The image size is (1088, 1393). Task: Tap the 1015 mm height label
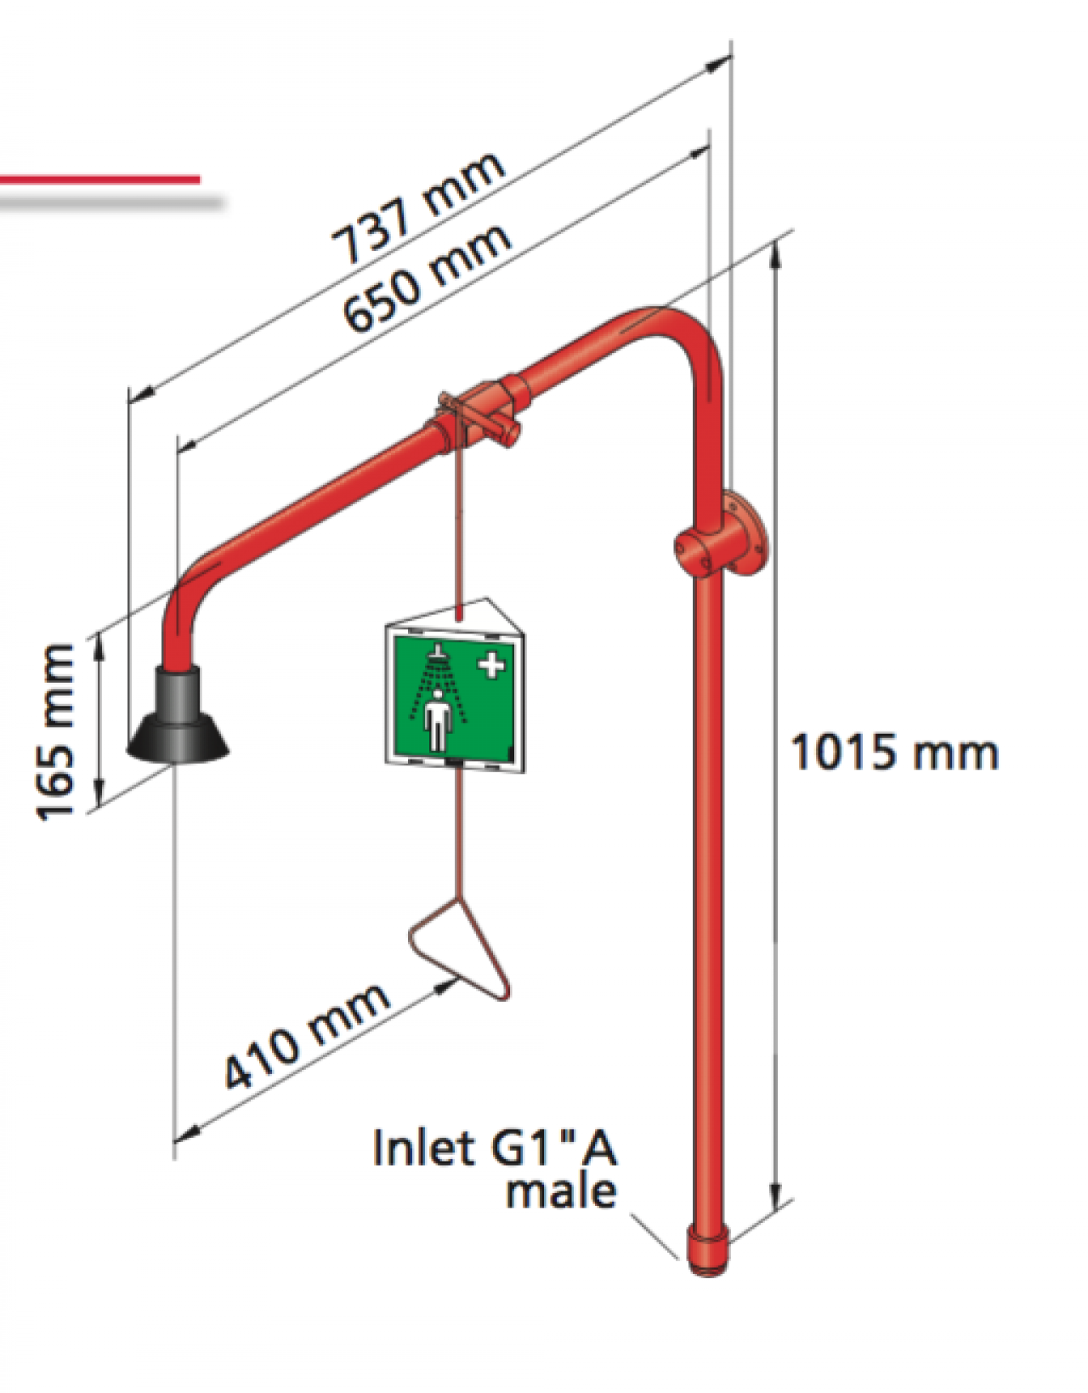click(x=894, y=753)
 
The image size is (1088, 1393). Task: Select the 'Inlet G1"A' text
click(x=496, y=1147)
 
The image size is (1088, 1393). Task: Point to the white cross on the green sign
click(x=491, y=664)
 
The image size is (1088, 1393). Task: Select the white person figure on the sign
click(x=437, y=719)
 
